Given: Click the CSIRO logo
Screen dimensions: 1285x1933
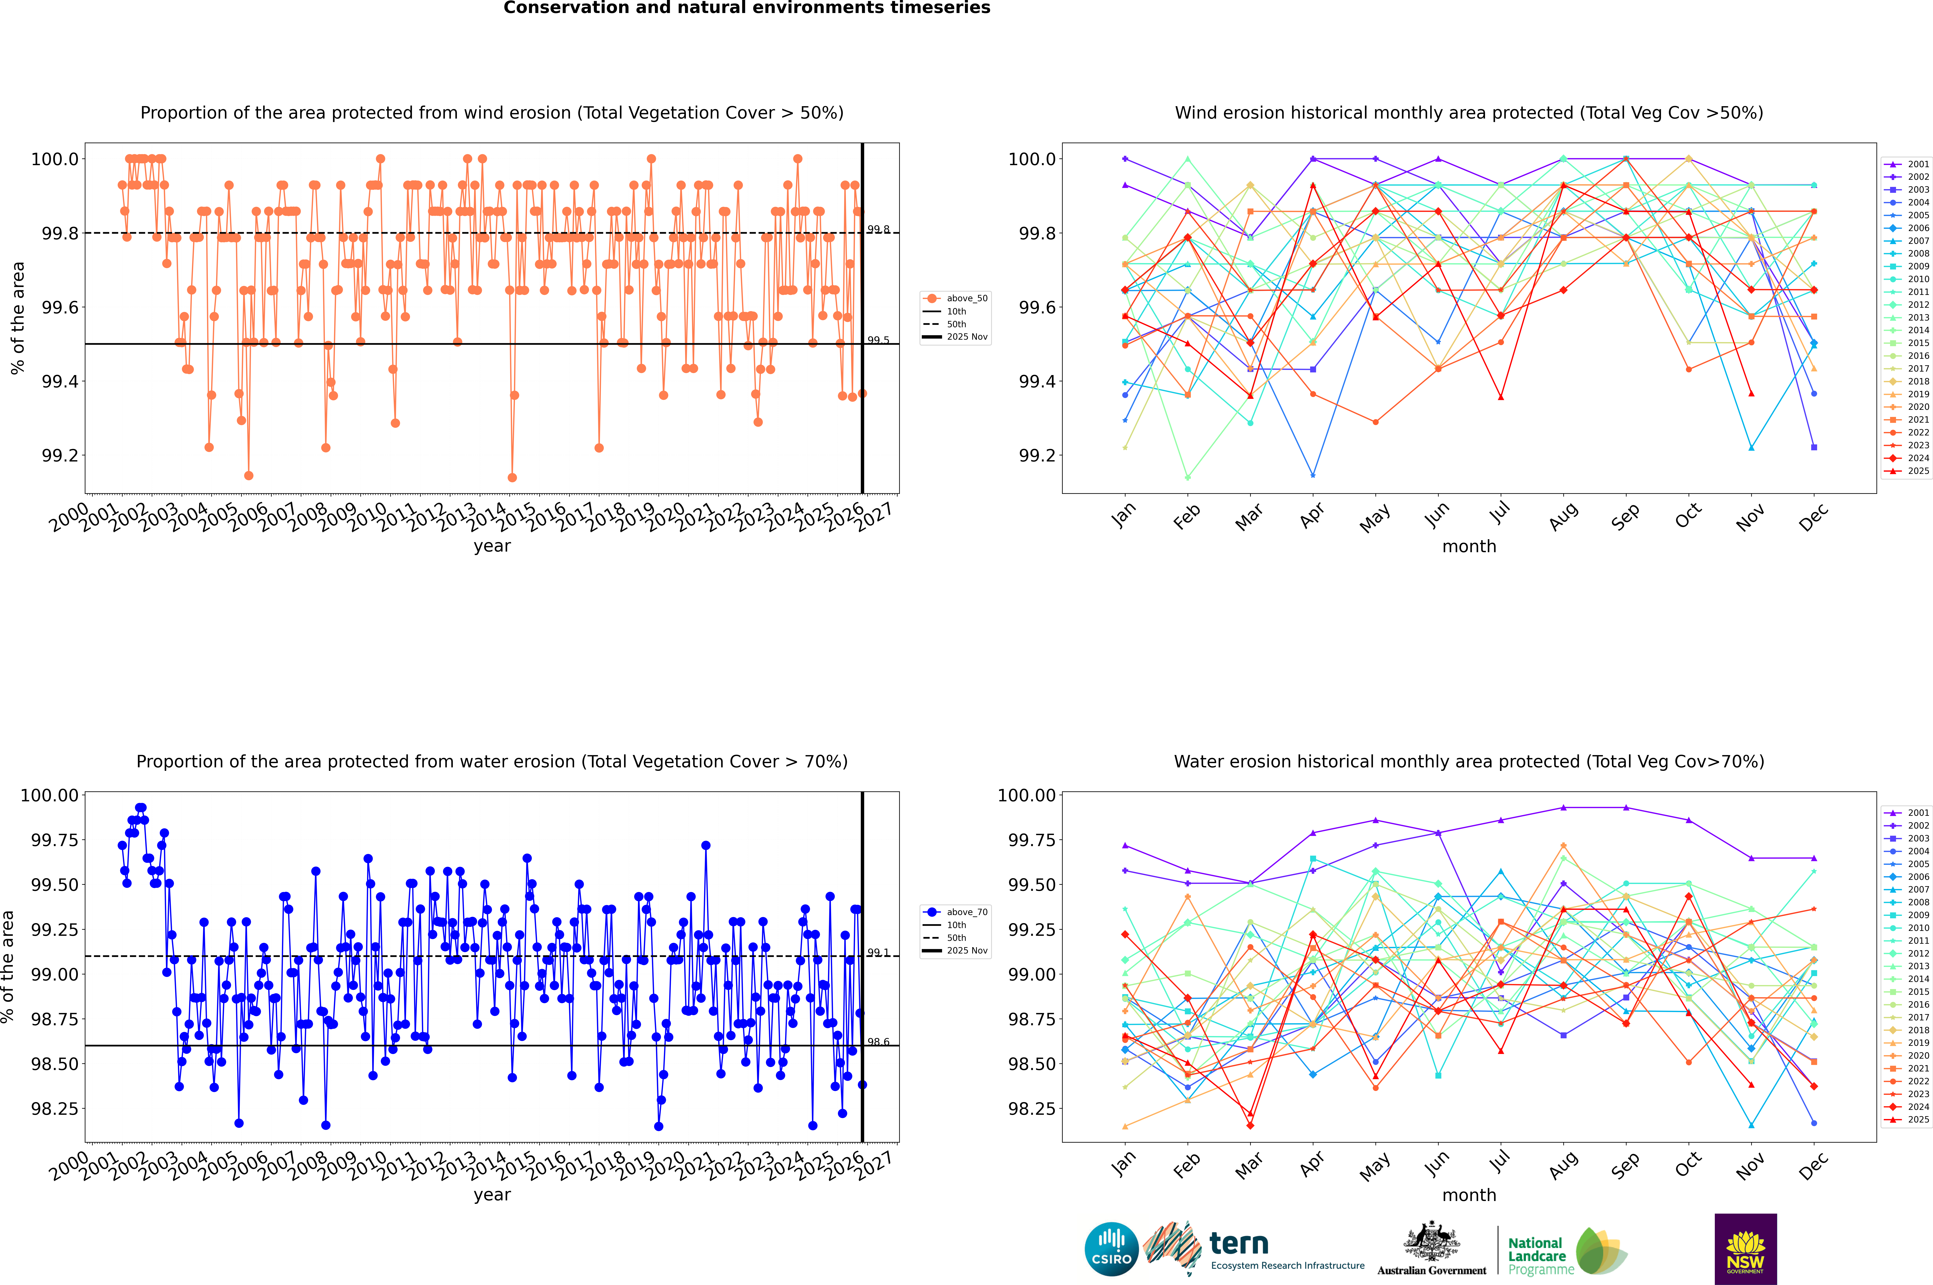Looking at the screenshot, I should point(1111,1249).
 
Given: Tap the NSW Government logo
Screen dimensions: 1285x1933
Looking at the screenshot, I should point(1745,1249).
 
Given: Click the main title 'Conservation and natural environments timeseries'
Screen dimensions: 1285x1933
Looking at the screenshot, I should point(746,8).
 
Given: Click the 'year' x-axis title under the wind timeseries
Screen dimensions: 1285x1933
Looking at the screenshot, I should point(492,547).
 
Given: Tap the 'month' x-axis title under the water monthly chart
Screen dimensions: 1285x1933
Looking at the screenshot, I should point(1468,1196).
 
